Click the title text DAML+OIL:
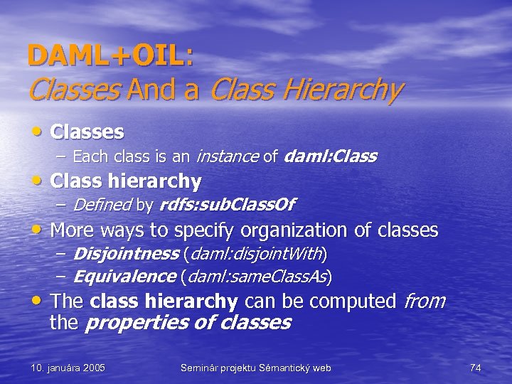[110, 56]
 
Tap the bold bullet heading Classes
[87, 132]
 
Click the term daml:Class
[330, 156]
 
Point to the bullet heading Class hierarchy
[126, 181]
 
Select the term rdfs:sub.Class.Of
[227, 205]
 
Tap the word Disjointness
[126, 254]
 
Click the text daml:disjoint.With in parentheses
[255, 254]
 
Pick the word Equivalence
[124, 276]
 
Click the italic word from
[424, 301]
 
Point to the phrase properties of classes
[188, 322]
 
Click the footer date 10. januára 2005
[68, 368]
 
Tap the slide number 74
[476, 368]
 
